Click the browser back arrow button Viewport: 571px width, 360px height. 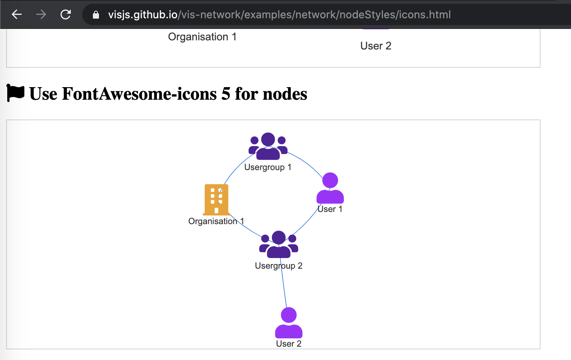[17, 14]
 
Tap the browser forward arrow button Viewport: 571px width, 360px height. [41, 14]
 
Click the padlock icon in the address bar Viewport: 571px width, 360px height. [96, 15]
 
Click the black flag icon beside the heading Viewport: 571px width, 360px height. [16, 93]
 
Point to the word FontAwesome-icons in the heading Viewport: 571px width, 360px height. [139, 94]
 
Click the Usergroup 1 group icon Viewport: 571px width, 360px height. [268, 146]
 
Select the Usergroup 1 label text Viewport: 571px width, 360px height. [268, 167]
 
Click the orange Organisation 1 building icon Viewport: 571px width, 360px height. [216, 199]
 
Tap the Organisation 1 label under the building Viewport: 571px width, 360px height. [216, 221]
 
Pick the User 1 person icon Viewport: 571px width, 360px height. [330, 188]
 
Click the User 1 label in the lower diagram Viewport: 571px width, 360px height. [330, 209]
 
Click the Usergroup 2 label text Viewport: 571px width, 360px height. [279, 266]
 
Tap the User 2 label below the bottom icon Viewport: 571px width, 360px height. [289, 344]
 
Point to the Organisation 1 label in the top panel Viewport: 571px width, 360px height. [202, 37]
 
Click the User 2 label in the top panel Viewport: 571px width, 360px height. [376, 46]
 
